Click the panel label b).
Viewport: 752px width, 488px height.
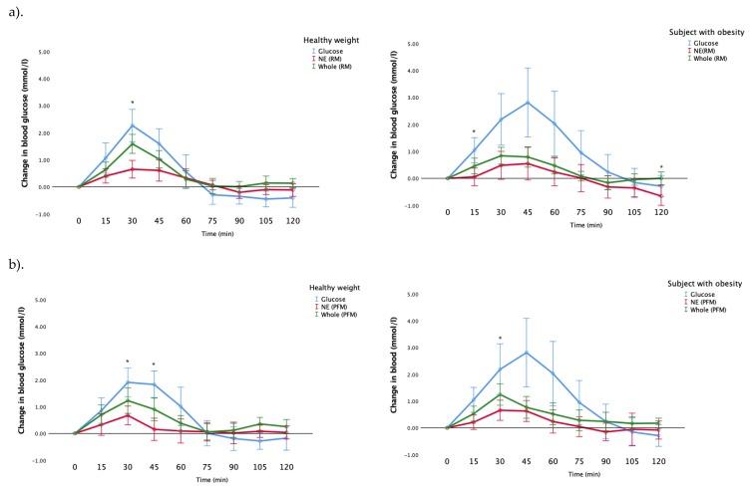[x=18, y=264]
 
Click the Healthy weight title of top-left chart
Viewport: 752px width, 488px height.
[x=330, y=39]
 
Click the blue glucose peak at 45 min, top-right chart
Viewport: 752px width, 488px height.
[x=527, y=102]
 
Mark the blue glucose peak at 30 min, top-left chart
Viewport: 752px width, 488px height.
[x=132, y=124]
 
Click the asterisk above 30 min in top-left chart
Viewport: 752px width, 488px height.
[x=132, y=103]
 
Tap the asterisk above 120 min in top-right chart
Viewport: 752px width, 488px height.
[x=661, y=167]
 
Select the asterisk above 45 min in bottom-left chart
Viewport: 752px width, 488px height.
[x=154, y=365]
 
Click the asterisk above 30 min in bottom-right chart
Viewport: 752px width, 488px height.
[x=500, y=340]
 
